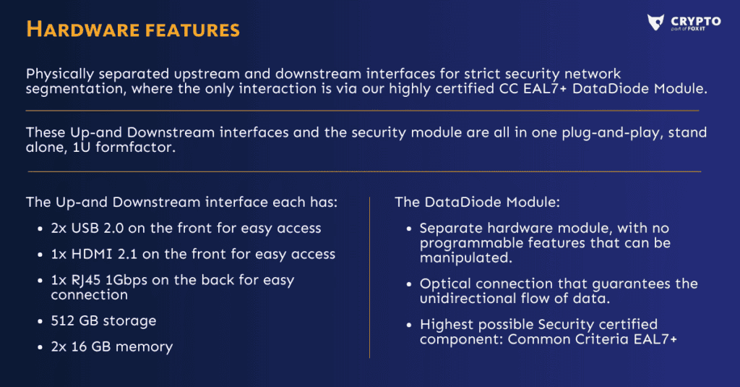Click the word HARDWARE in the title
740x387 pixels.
82,30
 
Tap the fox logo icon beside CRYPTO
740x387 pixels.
655,22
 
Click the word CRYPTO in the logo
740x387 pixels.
696,21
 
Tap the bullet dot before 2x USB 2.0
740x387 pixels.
40,229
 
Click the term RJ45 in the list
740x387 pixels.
86,281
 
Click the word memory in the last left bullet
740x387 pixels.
144,347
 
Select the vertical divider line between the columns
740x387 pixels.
369,277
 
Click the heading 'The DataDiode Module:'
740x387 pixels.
477,203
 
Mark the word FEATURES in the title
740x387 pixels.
192,30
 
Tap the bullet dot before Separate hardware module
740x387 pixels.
409,229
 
